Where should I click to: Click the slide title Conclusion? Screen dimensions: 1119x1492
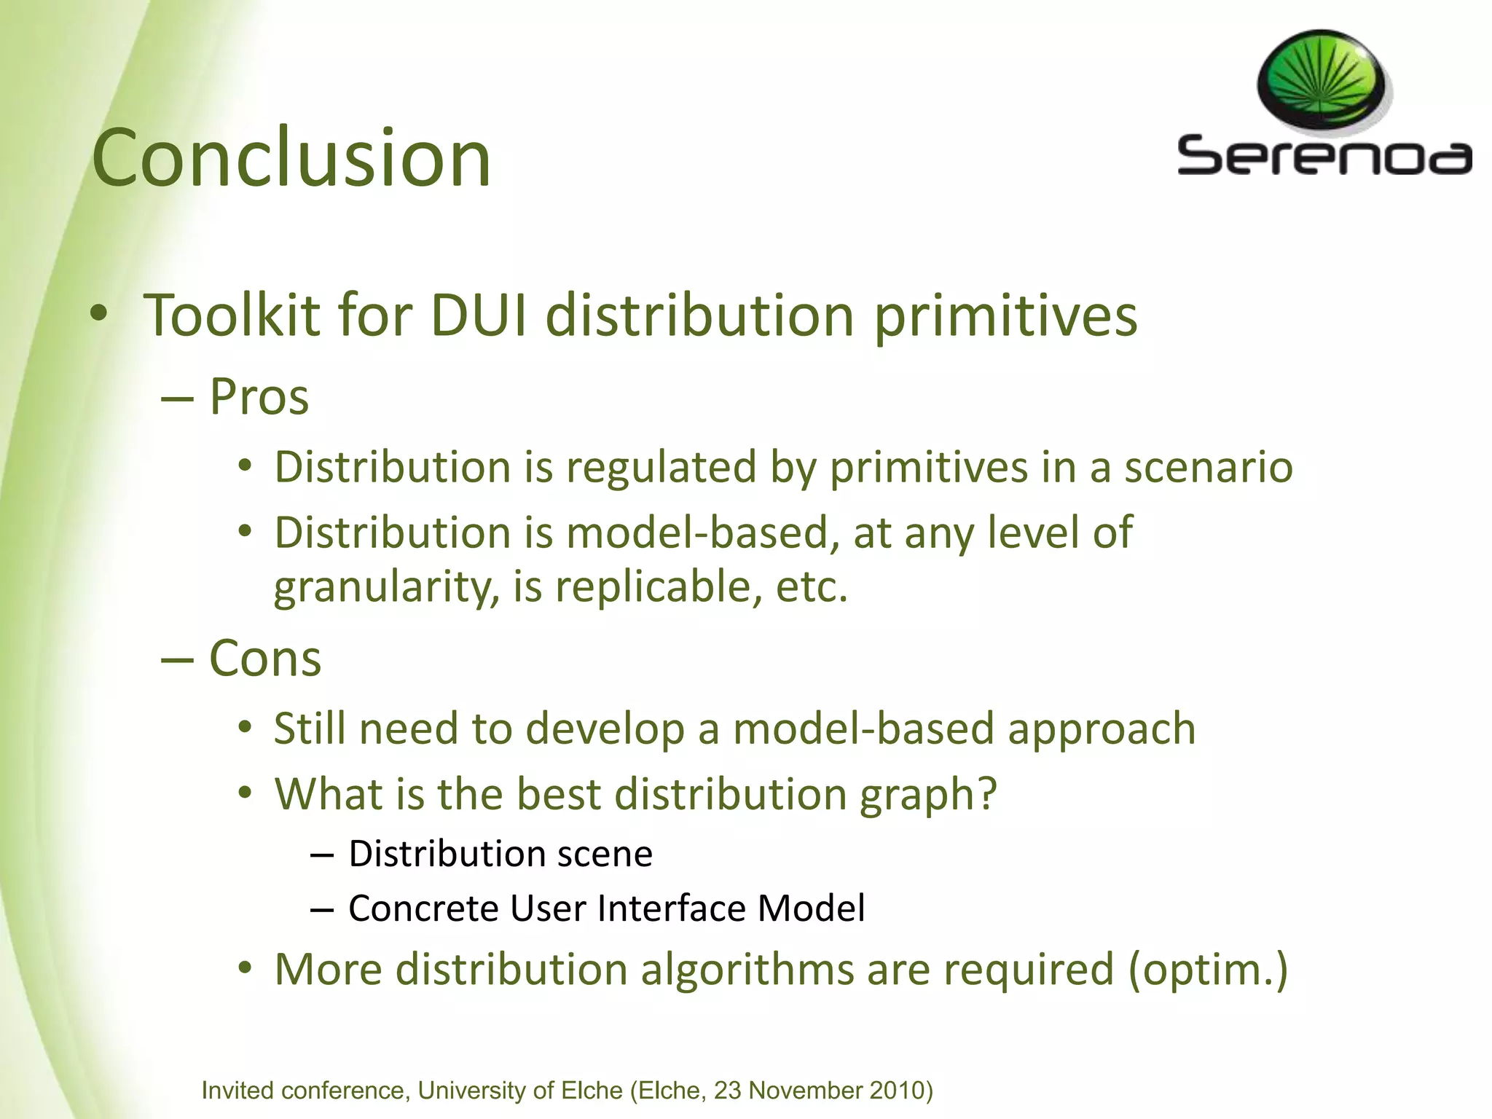(291, 158)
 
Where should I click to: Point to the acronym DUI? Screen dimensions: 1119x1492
(478, 315)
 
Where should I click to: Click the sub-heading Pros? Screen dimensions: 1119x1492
(259, 397)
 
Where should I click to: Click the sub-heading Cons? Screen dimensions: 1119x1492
(265, 659)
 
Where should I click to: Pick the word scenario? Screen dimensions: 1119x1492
(1209, 467)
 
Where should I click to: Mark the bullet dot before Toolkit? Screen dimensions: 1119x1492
(99, 314)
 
